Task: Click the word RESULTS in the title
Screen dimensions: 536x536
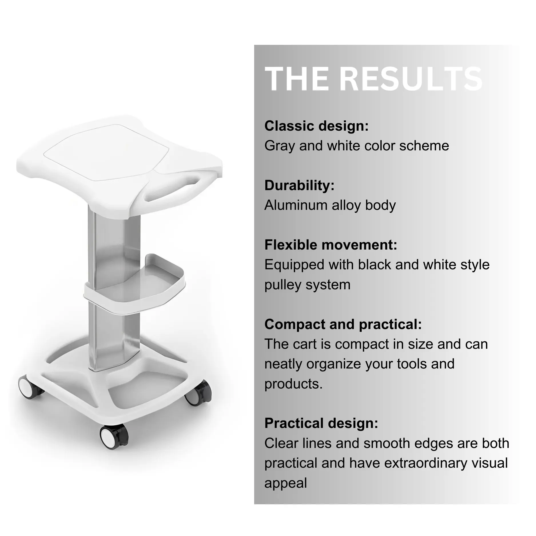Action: (x=412, y=79)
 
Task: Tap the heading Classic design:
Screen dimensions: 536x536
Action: (x=316, y=126)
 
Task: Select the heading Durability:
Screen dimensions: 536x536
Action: (x=299, y=185)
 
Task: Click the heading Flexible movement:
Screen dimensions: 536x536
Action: (x=331, y=245)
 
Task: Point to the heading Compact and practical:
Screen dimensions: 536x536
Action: (x=343, y=324)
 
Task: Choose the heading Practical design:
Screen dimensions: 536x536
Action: (x=321, y=423)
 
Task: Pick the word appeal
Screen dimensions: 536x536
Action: (x=286, y=483)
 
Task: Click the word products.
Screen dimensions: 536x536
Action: (x=293, y=384)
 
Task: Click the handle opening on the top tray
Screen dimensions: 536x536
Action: (x=174, y=189)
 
